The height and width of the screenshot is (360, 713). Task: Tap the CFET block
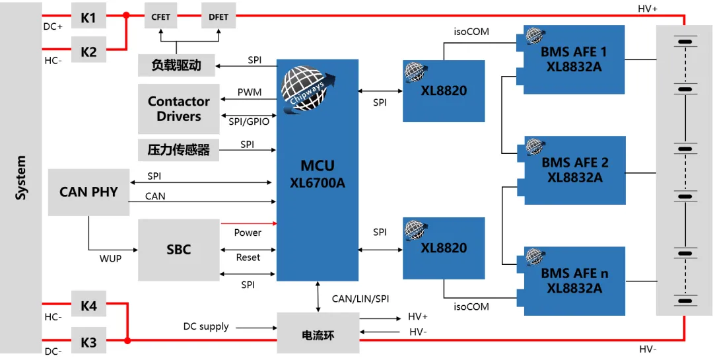coord(160,17)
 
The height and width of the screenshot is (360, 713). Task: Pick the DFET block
coord(219,17)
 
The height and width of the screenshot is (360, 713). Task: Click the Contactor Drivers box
coord(179,109)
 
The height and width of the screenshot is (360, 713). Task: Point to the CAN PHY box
coord(88,192)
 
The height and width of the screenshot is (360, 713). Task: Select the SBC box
coord(179,250)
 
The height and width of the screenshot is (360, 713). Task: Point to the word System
coord(21,178)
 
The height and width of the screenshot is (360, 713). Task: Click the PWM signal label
coord(250,92)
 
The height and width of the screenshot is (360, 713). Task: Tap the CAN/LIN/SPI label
coord(360,299)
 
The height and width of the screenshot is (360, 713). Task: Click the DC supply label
coord(206,327)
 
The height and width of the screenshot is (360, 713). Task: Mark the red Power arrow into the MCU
coord(249,223)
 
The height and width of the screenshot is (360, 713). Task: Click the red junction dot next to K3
coord(128,340)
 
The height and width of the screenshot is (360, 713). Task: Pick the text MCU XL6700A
coord(318,174)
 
